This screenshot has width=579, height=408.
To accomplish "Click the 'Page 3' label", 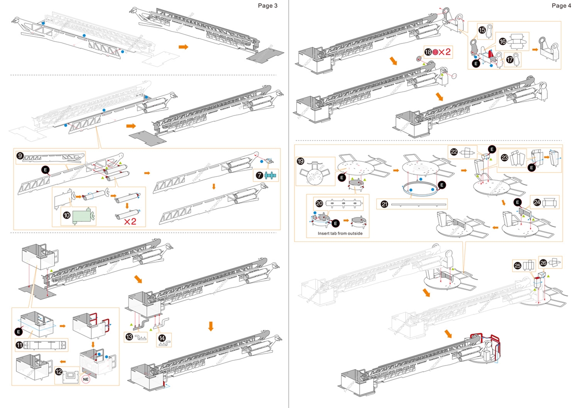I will (x=267, y=5).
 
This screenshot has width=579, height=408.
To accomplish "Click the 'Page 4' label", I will (x=561, y=5).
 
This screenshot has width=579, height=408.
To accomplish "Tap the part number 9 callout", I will (x=20, y=155).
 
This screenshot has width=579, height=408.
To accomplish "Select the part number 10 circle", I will (x=67, y=216).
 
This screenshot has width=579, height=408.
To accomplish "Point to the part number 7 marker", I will (x=261, y=174).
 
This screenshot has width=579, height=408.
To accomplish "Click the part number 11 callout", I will (x=20, y=345).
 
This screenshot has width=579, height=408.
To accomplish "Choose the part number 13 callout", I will (x=130, y=336).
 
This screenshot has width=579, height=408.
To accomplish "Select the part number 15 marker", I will (x=482, y=30).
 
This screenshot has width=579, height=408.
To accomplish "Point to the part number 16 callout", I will (x=503, y=40).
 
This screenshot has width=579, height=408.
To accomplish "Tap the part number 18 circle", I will (x=428, y=52).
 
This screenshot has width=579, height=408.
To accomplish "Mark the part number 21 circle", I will (x=384, y=204).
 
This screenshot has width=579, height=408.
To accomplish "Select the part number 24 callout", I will (x=537, y=202).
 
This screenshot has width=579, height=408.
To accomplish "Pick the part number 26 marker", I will (x=543, y=262).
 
